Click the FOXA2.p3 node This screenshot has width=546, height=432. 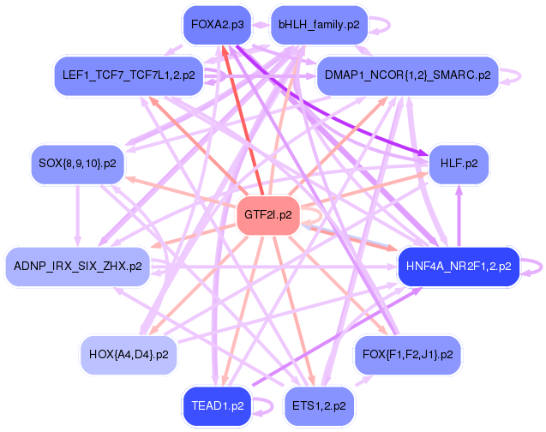tap(217, 25)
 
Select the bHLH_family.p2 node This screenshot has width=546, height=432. tap(319, 26)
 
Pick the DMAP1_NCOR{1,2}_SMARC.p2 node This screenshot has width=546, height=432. tap(407, 75)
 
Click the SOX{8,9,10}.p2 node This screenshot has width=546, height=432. tap(77, 162)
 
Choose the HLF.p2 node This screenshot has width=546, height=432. tap(459, 162)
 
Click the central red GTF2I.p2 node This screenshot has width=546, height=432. tap(267, 214)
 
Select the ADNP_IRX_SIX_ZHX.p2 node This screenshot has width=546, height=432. tap(77, 267)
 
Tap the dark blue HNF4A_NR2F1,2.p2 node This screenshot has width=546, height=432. tap(459, 267)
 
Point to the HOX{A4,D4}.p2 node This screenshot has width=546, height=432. tap(129, 352)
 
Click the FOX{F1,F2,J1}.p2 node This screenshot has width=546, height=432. tap(407, 352)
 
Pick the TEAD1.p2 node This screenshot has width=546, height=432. tap(218, 405)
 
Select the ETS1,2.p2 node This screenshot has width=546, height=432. tap(319, 405)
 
